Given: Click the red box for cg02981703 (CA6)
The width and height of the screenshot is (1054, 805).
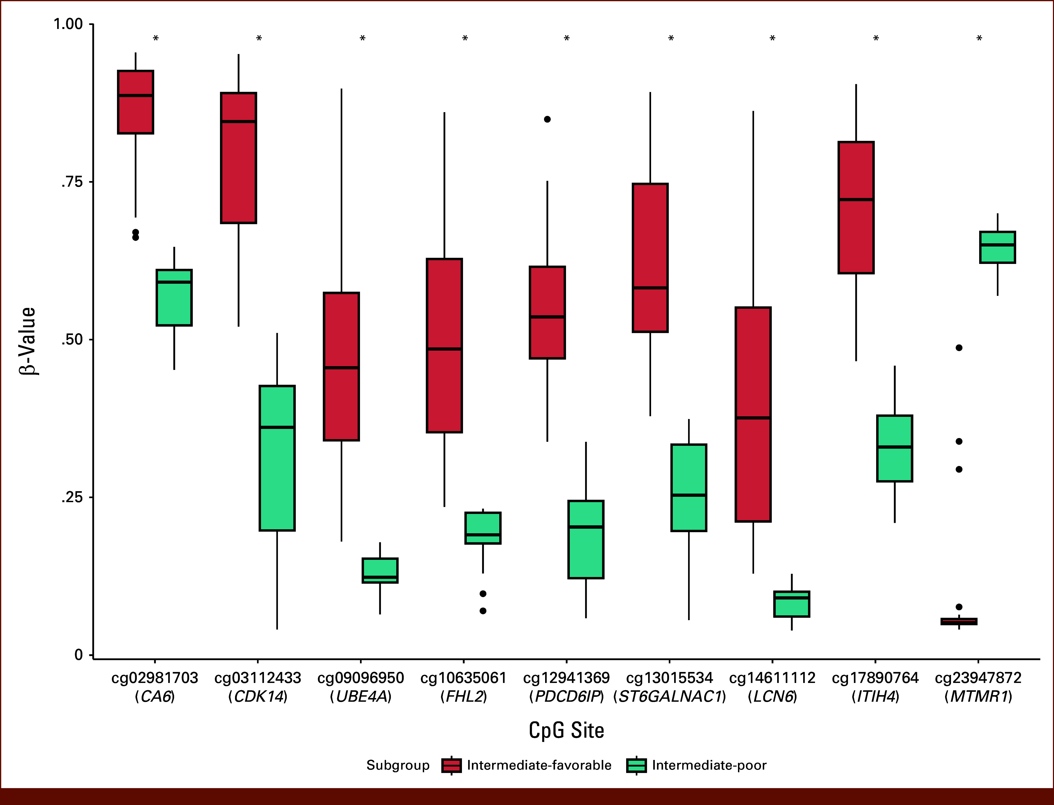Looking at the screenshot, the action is [x=135, y=102].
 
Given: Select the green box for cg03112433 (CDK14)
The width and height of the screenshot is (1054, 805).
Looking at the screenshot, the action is [x=277, y=458].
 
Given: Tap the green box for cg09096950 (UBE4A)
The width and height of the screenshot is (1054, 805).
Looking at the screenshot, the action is [x=380, y=570].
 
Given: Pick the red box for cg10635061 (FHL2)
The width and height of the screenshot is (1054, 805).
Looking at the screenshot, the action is [x=444, y=345].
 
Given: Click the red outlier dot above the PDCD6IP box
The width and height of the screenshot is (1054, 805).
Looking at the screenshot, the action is [x=547, y=119].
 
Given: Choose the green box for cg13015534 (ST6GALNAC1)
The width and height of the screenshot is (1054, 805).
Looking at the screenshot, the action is [x=689, y=488].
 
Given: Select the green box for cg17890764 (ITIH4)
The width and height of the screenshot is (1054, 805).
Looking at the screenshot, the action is [x=894, y=449].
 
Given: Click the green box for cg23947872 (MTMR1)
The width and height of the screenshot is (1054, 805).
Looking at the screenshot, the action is [x=997, y=247].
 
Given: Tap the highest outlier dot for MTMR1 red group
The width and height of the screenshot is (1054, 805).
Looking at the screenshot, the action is [x=959, y=348].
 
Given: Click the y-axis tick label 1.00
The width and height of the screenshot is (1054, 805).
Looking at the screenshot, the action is [x=68, y=24].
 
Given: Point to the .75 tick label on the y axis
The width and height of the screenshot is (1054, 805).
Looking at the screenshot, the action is [x=72, y=182].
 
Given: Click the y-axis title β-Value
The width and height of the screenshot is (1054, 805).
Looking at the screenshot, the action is [x=28, y=341].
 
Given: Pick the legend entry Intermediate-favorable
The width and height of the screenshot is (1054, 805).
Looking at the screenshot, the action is [x=527, y=765].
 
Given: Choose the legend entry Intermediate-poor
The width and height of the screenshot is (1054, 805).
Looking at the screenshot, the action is [x=697, y=765].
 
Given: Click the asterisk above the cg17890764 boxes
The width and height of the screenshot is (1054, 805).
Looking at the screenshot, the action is [x=876, y=38].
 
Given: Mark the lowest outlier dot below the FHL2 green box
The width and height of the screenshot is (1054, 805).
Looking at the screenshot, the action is [x=483, y=611].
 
